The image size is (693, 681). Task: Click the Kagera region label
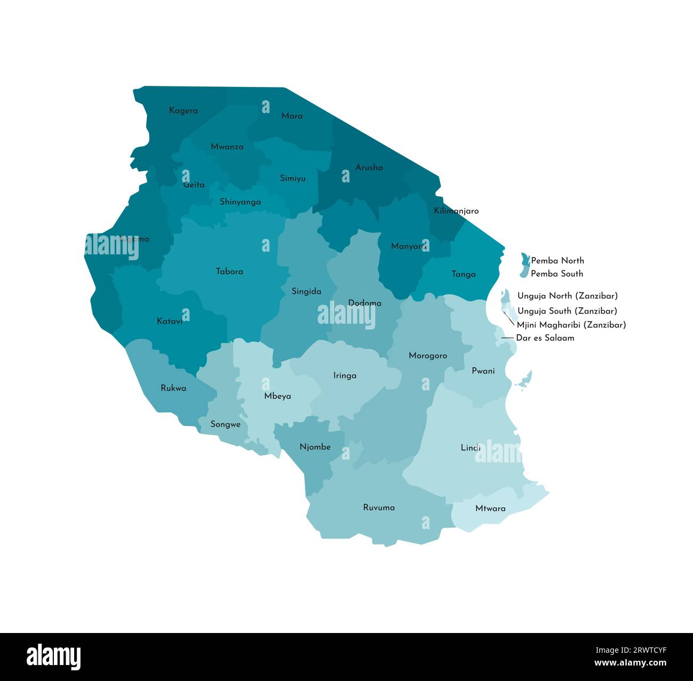pyautogui.click(x=183, y=111)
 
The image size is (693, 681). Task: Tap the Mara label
pyautogui.click(x=292, y=116)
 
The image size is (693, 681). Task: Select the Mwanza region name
pyautogui.click(x=227, y=147)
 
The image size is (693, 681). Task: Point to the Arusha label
pyautogui.click(x=369, y=167)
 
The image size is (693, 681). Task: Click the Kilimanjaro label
pyautogui.click(x=456, y=211)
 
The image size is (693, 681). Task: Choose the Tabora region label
pyautogui.click(x=229, y=271)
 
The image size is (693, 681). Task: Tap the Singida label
pyautogui.click(x=306, y=292)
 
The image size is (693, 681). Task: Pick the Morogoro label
pyautogui.click(x=428, y=356)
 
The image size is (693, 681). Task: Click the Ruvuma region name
pyautogui.click(x=378, y=508)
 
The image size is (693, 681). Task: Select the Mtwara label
pyautogui.click(x=490, y=509)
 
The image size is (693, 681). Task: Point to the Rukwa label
pyautogui.click(x=173, y=388)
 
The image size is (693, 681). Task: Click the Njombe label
pyautogui.click(x=315, y=447)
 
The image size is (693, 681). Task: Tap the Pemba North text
pyautogui.click(x=557, y=261)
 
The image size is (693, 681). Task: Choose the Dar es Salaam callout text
pyautogui.click(x=545, y=338)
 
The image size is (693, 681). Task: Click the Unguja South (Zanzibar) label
pyautogui.click(x=567, y=311)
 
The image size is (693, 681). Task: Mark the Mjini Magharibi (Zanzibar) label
pyautogui.click(x=571, y=325)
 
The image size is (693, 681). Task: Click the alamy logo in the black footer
pyautogui.click(x=53, y=656)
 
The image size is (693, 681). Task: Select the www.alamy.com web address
pyautogui.click(x=630, y=663)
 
